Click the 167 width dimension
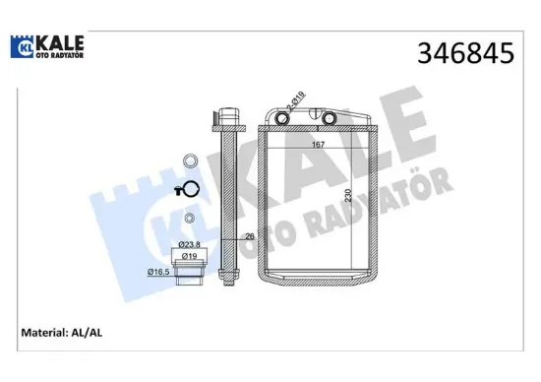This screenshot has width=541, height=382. (318, 146)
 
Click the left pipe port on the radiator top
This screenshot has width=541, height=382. (284, 120)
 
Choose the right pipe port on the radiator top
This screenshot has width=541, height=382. (329, 120)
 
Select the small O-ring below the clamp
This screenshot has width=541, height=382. (189, 219)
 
